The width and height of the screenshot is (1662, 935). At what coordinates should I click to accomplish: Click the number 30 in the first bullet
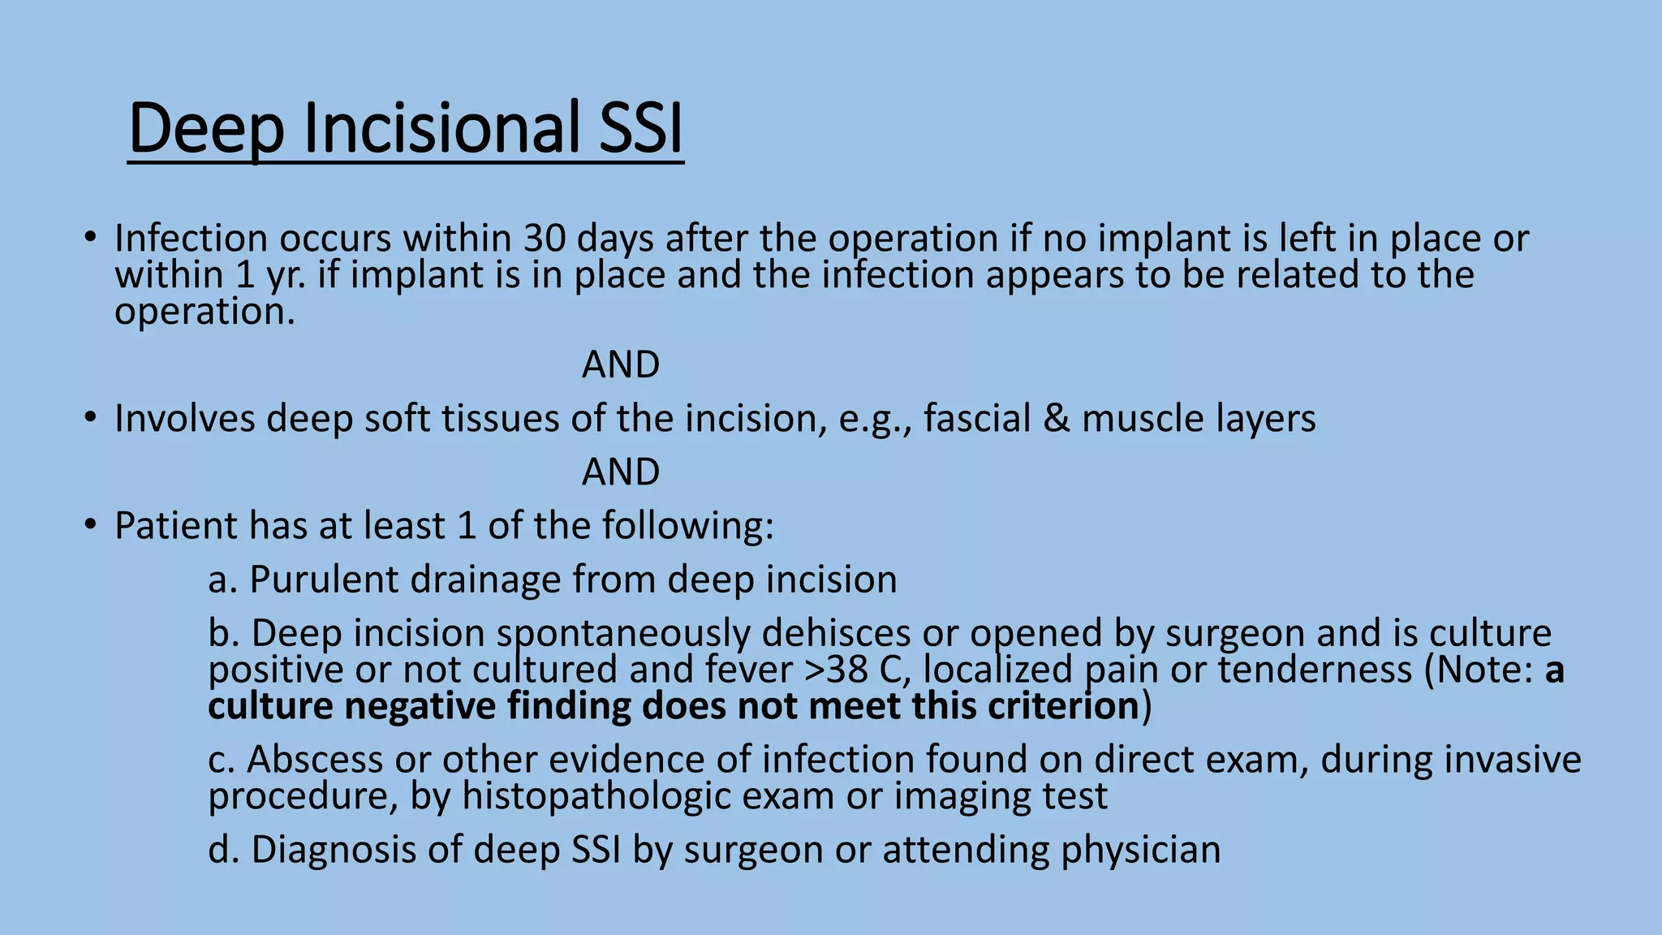[x=545, y=239]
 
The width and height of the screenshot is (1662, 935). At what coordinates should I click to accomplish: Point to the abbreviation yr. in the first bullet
[x=286, y=275]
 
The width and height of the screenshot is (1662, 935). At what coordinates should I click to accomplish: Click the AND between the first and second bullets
[x=621, y=365]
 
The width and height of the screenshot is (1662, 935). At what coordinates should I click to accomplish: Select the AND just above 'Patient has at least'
[x=621, y=472]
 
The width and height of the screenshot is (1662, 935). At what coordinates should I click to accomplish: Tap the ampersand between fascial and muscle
[x=1056, y=419]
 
